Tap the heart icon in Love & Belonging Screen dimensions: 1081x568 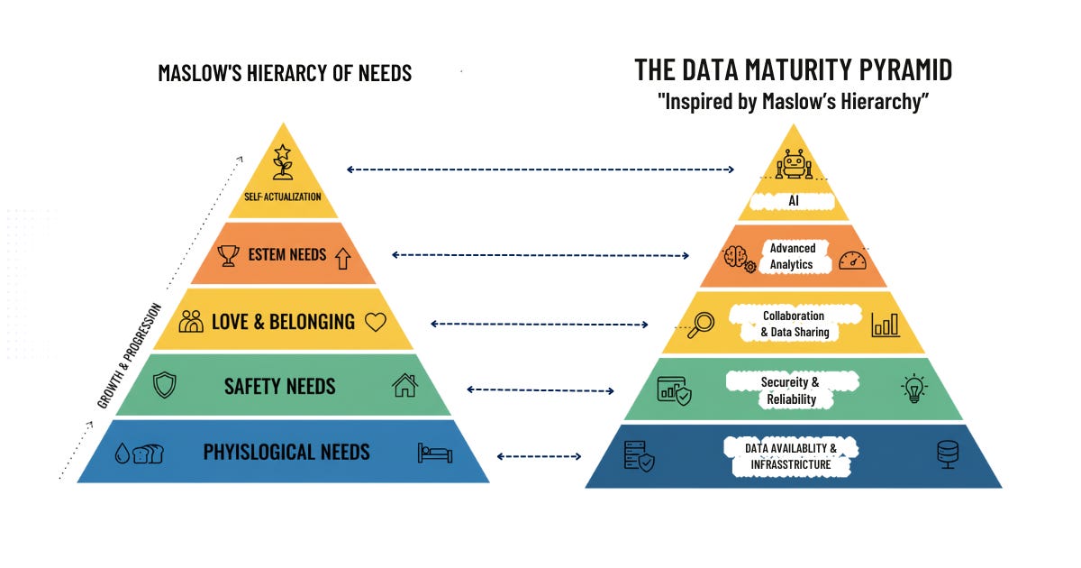[375, 321]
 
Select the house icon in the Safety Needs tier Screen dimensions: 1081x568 [404, 386]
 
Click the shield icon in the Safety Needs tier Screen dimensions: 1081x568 [164, 386]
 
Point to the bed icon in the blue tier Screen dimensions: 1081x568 [434, 452]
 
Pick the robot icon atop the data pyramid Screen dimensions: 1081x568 [794, 165]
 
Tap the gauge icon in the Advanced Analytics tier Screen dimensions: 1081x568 [851, 260]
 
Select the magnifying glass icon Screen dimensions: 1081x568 [700, 325]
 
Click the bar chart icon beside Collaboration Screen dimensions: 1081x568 [885, 324]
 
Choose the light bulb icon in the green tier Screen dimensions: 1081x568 [913, 389]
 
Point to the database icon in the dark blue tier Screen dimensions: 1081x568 [948, 454]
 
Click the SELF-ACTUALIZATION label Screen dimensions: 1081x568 [282, 197]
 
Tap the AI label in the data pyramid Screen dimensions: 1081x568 [794, 201]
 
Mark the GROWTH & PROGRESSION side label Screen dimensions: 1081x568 [130, 355]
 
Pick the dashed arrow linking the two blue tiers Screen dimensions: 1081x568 [539, 456]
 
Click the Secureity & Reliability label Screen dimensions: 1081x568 [790, 390]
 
